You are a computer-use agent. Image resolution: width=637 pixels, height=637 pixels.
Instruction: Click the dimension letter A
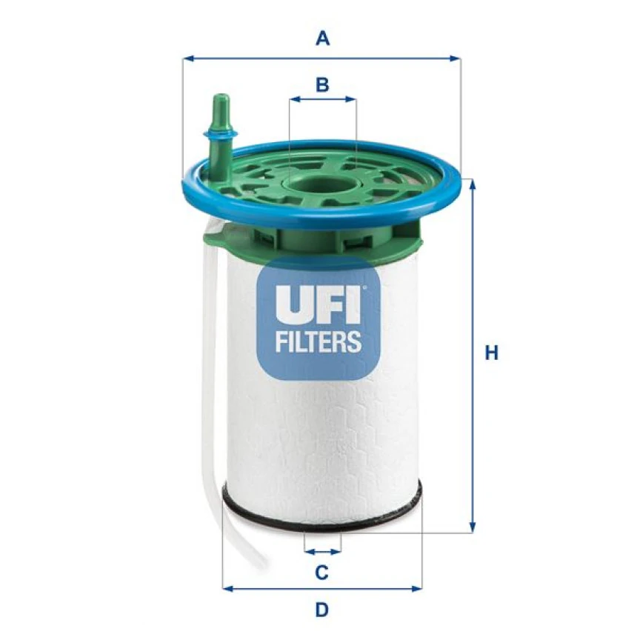point(322,38)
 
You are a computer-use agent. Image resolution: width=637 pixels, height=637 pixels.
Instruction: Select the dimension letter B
point(321,84)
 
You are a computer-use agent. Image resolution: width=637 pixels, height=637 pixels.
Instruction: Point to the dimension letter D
point(321,610)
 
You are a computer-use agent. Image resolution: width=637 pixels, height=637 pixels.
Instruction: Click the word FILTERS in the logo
point(318,341)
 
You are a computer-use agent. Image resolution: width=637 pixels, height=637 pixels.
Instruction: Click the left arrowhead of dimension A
point(187,57)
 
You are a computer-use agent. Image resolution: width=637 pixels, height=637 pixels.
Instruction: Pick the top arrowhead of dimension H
point(471,182)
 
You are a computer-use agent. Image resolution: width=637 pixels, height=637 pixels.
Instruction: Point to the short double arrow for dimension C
point(323,552)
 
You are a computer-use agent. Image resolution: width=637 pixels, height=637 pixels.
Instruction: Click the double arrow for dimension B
point(322,99)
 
